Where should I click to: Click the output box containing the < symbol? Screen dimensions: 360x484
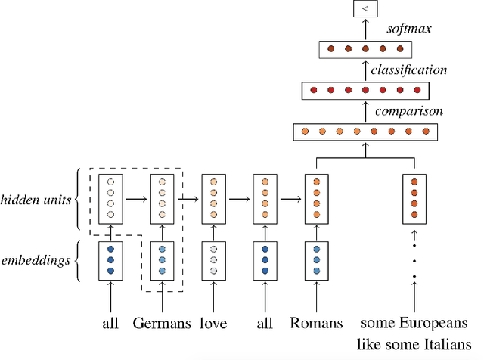pyautogui.click(x=365, y=9)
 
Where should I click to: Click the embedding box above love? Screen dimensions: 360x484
pyautogui.click(x=214, y=259)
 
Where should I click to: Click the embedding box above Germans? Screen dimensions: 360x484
pyautogui.click(x=163, y=259)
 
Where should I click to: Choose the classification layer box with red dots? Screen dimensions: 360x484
pyautogui.click(x=365, y=91)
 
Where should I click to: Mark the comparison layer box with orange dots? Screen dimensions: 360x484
pyautogui.click(x=365, y=132)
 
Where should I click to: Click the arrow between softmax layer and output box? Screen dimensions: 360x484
pyautogui.click(x=365, y=29)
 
